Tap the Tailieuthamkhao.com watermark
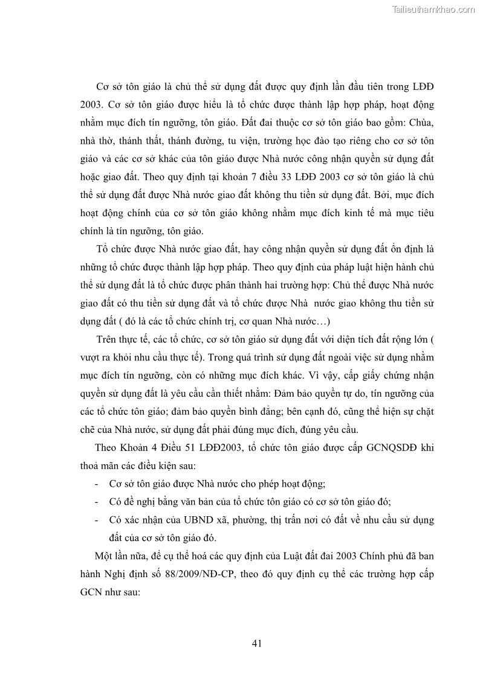point(433,9)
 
